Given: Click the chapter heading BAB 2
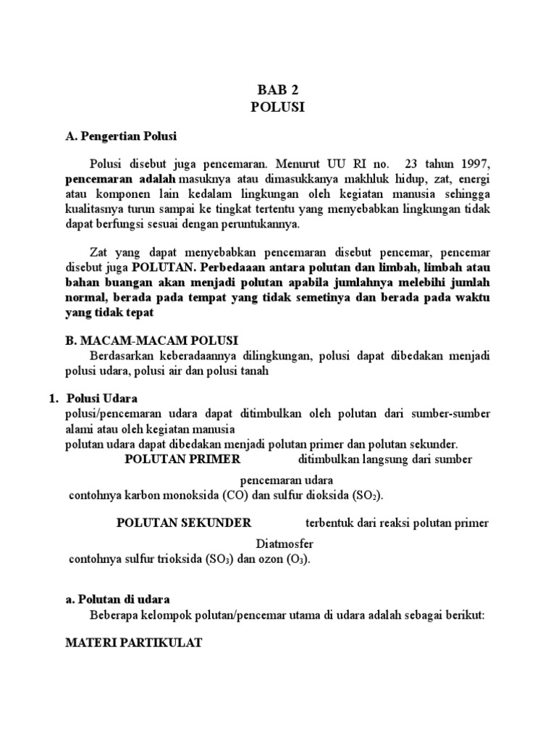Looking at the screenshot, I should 278,90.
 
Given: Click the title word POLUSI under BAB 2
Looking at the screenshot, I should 278,107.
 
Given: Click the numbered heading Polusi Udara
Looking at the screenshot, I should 101,399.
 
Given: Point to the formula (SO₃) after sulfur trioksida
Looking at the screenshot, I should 217,559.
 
